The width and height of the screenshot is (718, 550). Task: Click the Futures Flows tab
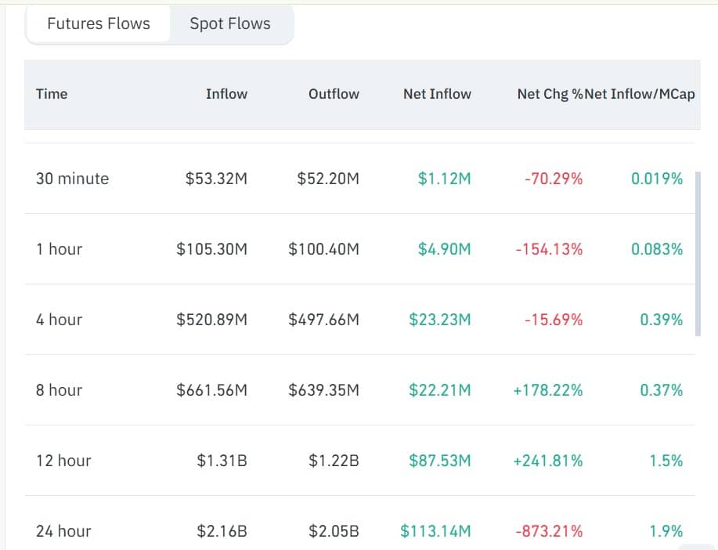pos(99,24)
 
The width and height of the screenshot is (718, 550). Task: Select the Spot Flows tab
pos(230,24)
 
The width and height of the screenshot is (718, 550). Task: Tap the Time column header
pos(52,94)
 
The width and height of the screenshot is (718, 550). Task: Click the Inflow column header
pos(226,94)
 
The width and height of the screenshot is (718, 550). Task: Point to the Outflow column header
pos(334,94)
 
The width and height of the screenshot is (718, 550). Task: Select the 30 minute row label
pos(72,179)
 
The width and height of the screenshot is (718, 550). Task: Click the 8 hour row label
pos(59,390)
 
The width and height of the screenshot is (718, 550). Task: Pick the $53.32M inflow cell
pos(216,179)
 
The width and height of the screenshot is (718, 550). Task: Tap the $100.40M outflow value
pos(323,249)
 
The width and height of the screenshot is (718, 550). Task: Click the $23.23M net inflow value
pos(439,320)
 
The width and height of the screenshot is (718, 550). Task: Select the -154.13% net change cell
pos(549,249)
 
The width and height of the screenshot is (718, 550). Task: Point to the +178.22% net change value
pos(548,390)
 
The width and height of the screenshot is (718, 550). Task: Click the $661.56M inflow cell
pos(211,390)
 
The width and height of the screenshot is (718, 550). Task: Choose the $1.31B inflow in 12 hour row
pos(222,461)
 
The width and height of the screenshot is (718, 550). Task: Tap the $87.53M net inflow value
pos(439,461)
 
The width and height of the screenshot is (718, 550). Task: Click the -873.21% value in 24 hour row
pos(549,531)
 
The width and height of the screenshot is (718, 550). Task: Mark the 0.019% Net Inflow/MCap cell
pos(657,179)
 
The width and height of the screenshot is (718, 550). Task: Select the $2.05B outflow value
pos(334,531)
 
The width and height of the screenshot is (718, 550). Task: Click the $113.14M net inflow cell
pos(435,531)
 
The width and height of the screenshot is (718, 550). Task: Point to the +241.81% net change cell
pos(548,461)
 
